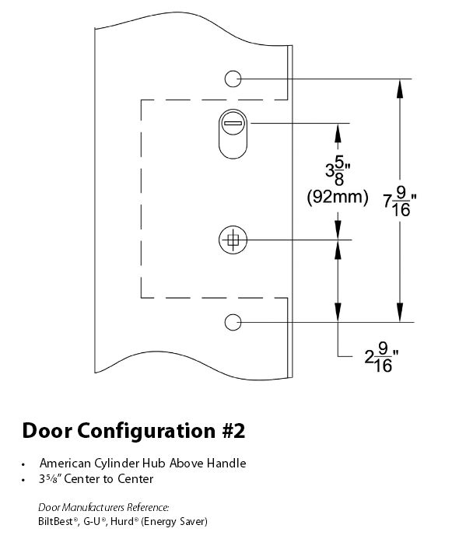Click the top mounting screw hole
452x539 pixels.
tap(233, 79)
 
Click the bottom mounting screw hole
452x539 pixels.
tap(233, 322)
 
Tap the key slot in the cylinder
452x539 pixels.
tap(233, 123)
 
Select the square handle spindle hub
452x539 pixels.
tap(233, 240)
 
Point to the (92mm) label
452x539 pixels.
tap(337, 197)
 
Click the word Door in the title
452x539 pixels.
tap(47, 430)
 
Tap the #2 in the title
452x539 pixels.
tap(233, 431)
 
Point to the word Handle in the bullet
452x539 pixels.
tap(226, 464)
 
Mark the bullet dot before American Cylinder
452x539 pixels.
tap(23, 464)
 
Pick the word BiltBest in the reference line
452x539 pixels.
tap(56, 521)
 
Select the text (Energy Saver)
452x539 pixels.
tap(174, 522)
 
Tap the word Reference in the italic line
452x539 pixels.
tap(148, 507)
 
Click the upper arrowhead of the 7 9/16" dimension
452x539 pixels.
tap(400, 88)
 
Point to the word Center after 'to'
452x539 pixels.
tap(136, 479)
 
